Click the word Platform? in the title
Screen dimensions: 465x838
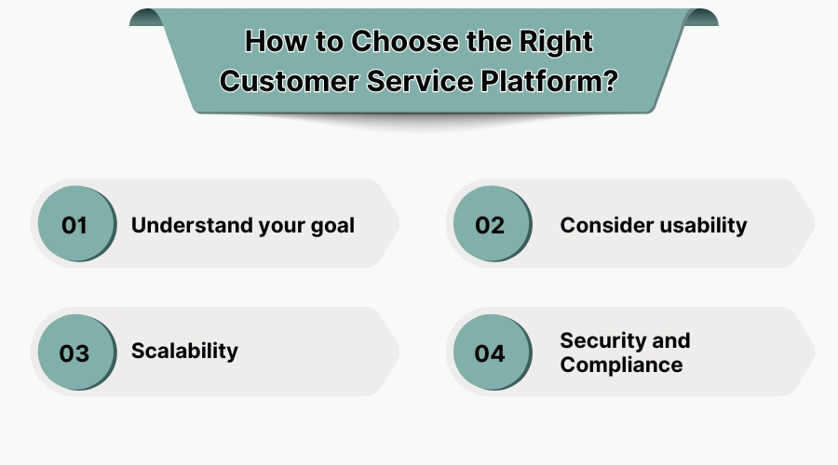click(x=549, y=81)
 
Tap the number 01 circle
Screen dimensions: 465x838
click(x=74, y=225)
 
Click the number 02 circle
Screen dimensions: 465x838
click(x=490, y=225)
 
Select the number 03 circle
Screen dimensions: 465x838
click(x=74, y=353)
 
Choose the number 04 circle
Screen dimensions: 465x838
click(x=490, y=353)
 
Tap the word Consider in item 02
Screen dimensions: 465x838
click(x=603, y=225)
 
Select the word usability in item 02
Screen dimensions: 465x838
click(x=702, y=225)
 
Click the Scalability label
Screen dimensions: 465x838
click(x=184, y=351)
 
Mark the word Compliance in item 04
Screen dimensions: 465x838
click(x=621, y=365)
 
